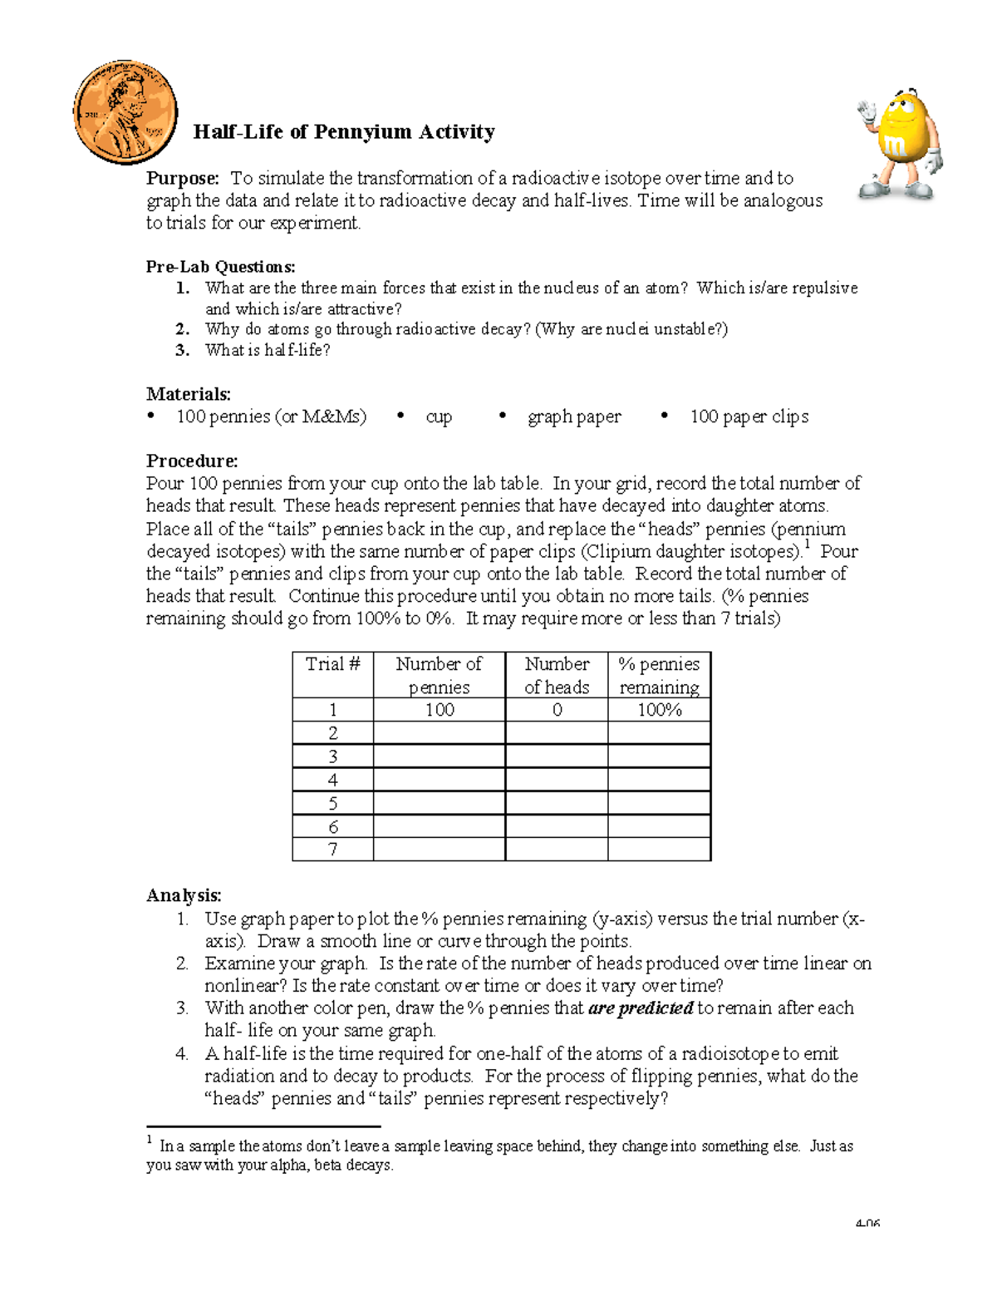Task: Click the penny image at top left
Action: click(x=125, y=112)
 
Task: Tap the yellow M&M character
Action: click(x=899, y=144)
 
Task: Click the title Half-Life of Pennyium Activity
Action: click(x=344, y=132)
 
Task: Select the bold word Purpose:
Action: click(x=183, y=179)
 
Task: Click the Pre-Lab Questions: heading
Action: click(x=220, y=267)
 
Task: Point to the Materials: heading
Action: click(x=189, y=394)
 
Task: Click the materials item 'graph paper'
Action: click(x=574, y=417)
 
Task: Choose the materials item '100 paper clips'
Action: click(x=749, y=417)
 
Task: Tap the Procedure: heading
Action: click(x=192, y=461)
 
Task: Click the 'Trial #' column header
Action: click(x=332, y=664)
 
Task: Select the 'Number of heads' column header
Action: click(x=557, y=675)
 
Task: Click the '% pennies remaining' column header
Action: click(x=660, y=675)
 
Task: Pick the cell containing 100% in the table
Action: click(x=660, y=710)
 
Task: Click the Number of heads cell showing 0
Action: click(x=557, y=710)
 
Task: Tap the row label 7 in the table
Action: click(x=332, y=850)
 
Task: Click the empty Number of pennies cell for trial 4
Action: click(x=439, y=780)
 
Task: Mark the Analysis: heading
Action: click(x=184, y=895)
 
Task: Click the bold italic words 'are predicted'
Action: click(x=641, y=1008)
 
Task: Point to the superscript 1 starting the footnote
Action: click(x=150, y=1141)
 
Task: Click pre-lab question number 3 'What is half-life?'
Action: click(x=267, y=350)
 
